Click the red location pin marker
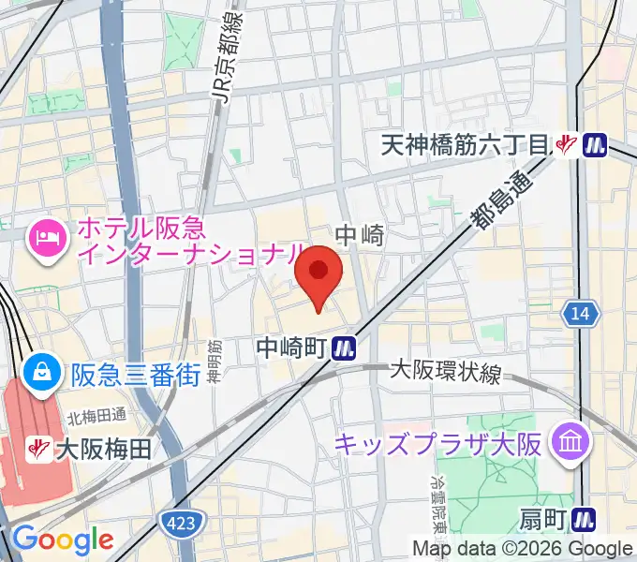[x=318, y=274]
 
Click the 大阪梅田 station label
[x=103, y=450]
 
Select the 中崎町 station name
[x=290, y=348]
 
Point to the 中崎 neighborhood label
[x=361, y=235]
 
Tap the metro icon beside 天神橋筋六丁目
[x=594, y=145]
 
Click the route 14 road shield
[x=581, y=315]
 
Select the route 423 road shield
[x=176, y=520]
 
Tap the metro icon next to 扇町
[x=585, y=517]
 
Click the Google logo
[x=63, y=540]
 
